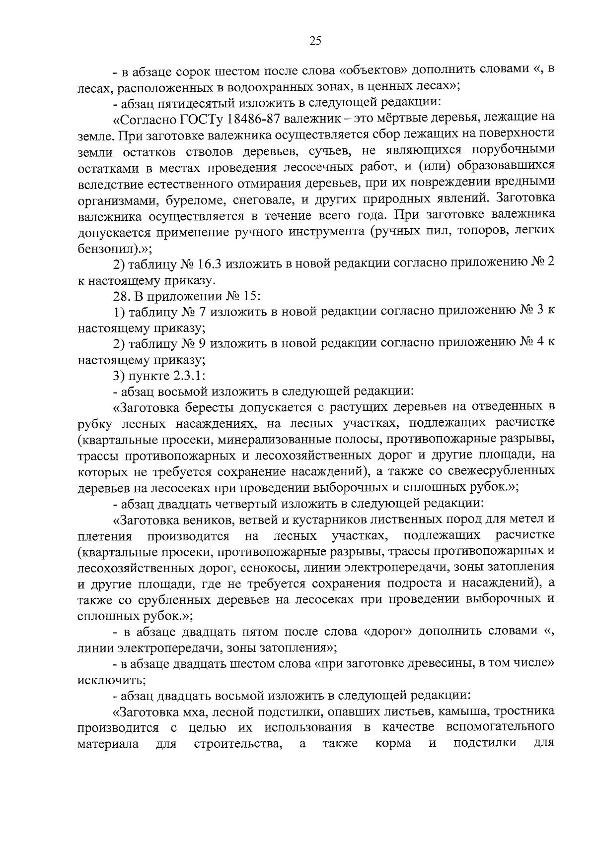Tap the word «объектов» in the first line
click(x=372, y=70)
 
